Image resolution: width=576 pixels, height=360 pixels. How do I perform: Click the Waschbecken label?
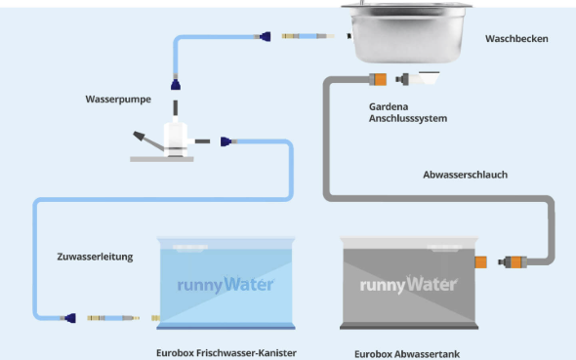tap(516, 38)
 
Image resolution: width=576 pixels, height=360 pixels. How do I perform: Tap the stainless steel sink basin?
tap(407, 31)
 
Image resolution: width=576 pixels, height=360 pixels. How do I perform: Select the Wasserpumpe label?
tap(118, 100)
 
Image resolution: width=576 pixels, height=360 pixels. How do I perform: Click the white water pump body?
tap(176, 138)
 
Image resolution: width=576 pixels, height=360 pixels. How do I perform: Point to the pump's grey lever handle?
tap(147, 140)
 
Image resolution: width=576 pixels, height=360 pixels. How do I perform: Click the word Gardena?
tap(389, 106)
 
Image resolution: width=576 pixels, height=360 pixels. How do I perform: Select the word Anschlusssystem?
tap(408, 118)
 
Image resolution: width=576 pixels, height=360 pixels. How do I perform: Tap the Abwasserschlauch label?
tap(465, 175)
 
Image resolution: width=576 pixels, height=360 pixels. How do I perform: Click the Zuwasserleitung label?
tap(95, 257)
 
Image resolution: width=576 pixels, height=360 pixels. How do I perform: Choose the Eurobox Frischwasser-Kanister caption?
tap(226, 353)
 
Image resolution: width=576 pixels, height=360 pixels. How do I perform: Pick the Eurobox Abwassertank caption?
tap(407, 354)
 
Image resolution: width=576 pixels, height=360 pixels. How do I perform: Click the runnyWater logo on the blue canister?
tap(226, 285)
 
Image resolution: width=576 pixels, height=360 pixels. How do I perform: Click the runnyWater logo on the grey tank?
tap(408, 285)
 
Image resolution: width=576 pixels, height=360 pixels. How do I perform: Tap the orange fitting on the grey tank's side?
tap(481, 262)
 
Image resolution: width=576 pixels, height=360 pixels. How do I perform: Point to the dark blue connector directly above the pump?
tap(176, 85)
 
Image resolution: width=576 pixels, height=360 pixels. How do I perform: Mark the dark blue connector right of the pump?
tap(226, 141)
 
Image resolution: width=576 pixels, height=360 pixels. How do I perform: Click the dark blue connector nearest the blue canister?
tap(70, 318)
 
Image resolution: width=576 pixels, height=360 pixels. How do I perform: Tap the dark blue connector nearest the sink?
tap(266, 36)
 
